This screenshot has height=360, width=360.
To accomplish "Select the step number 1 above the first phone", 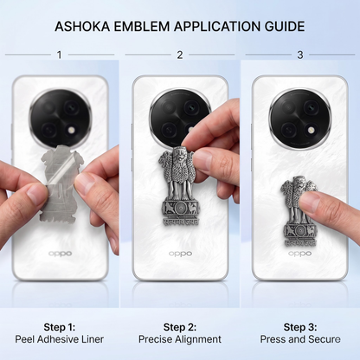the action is point(60,55).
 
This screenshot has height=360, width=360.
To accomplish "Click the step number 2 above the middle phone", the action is point(180,55).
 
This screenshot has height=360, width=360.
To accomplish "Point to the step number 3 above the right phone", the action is point(300,55).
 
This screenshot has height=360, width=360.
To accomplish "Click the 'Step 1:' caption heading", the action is point(60,327).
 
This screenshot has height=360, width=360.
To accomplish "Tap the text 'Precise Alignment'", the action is point(180,339).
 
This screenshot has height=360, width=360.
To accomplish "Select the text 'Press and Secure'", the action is point(300,339).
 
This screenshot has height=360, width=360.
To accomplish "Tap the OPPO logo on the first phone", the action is point(60,254).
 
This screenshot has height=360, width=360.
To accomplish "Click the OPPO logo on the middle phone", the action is point(180,254).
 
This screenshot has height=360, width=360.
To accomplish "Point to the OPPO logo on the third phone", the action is point(300,254).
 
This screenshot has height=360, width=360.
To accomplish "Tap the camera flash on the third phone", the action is point(311,132).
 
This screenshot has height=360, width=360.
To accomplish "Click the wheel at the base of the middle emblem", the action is point(181,208).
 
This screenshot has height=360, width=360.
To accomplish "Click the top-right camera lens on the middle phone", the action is point(191,107).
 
